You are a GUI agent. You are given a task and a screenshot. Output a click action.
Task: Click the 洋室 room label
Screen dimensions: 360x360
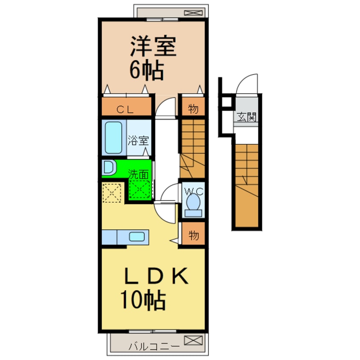coord(153,46)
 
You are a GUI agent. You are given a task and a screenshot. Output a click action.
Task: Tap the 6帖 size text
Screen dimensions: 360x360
coord(147,70)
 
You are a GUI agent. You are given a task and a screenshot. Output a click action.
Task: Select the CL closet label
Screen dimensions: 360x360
coord(125,109)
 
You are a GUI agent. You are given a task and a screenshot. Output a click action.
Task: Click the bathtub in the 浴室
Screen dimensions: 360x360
coord(114,137)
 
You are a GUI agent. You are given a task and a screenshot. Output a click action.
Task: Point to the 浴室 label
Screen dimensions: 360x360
coord(138,140)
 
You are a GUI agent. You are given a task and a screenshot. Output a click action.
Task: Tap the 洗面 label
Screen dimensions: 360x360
coord(138,174)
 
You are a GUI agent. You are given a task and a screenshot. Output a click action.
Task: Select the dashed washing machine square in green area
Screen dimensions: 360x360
coord(140,189)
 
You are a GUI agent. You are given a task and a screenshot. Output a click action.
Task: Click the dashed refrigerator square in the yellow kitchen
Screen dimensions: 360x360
coord(112,192)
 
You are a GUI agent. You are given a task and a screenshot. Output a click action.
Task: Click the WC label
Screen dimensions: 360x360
coord(194,191)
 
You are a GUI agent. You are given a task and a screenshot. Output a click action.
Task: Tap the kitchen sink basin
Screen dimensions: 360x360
coord(137,237)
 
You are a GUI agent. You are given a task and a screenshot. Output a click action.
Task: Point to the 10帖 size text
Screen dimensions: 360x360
coord(143,300)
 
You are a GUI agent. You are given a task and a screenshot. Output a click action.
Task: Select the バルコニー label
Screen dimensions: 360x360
coord(154,346)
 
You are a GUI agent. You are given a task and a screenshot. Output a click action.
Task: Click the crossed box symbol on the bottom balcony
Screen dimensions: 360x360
coord(193,340)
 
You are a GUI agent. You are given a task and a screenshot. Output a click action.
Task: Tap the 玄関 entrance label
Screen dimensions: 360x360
coord(246,117)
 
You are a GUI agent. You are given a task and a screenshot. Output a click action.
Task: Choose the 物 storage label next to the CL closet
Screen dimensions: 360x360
coord(193,109)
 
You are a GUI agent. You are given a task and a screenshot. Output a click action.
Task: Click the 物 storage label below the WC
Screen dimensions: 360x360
coord(194,235)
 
